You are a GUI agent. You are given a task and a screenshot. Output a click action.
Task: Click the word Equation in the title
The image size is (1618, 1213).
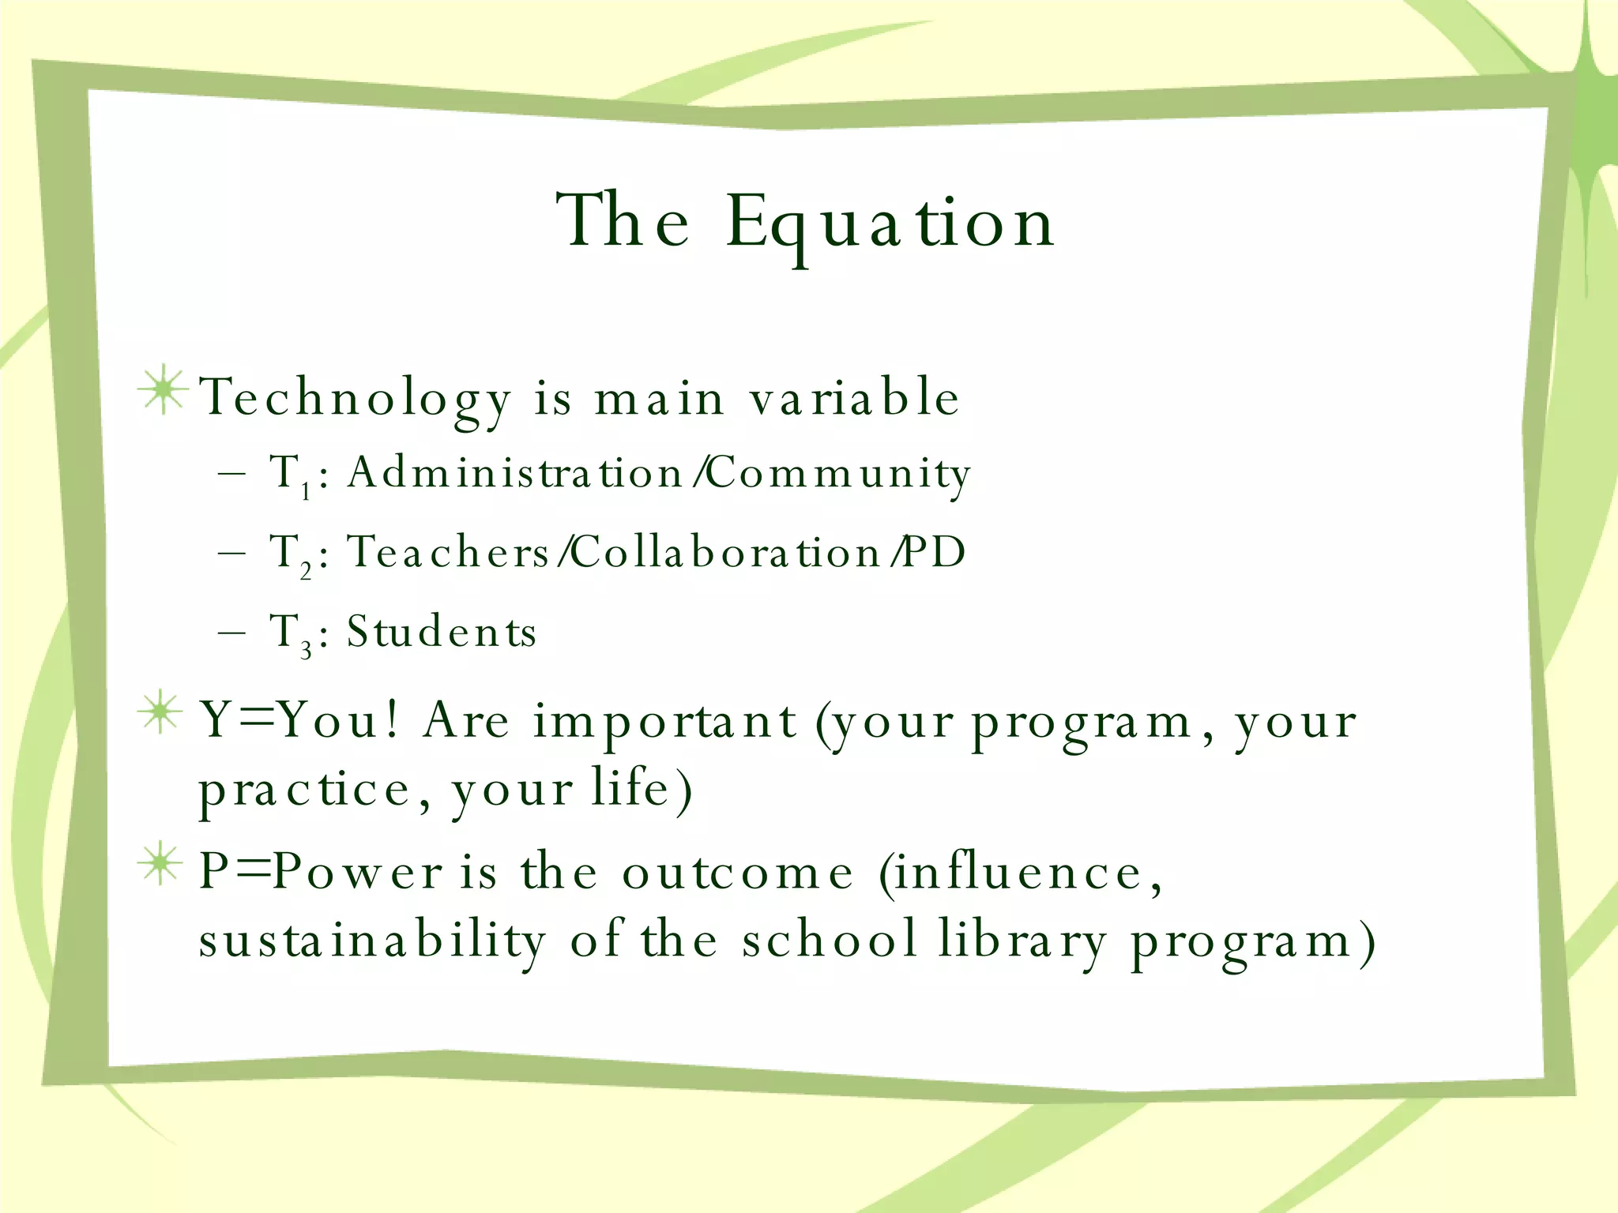point(890,223)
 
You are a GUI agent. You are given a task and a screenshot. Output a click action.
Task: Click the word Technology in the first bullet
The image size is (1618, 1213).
point(356,397)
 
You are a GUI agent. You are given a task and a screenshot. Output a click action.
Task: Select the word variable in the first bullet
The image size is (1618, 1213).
point(855,396)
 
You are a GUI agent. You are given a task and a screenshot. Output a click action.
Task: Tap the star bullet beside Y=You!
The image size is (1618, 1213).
point(161,712)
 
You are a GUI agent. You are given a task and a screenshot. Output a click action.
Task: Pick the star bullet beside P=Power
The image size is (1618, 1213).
point(161,863)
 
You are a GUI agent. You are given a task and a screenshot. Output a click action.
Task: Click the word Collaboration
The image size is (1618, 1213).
point(725,551)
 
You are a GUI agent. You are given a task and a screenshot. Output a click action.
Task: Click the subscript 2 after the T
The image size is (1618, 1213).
point(306,570)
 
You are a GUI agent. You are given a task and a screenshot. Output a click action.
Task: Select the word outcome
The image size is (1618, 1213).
point(738,873)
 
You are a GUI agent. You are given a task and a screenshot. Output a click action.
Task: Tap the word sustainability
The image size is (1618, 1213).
point(372,940)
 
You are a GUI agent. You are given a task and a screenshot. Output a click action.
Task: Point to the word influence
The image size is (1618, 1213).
point(1019,873)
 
